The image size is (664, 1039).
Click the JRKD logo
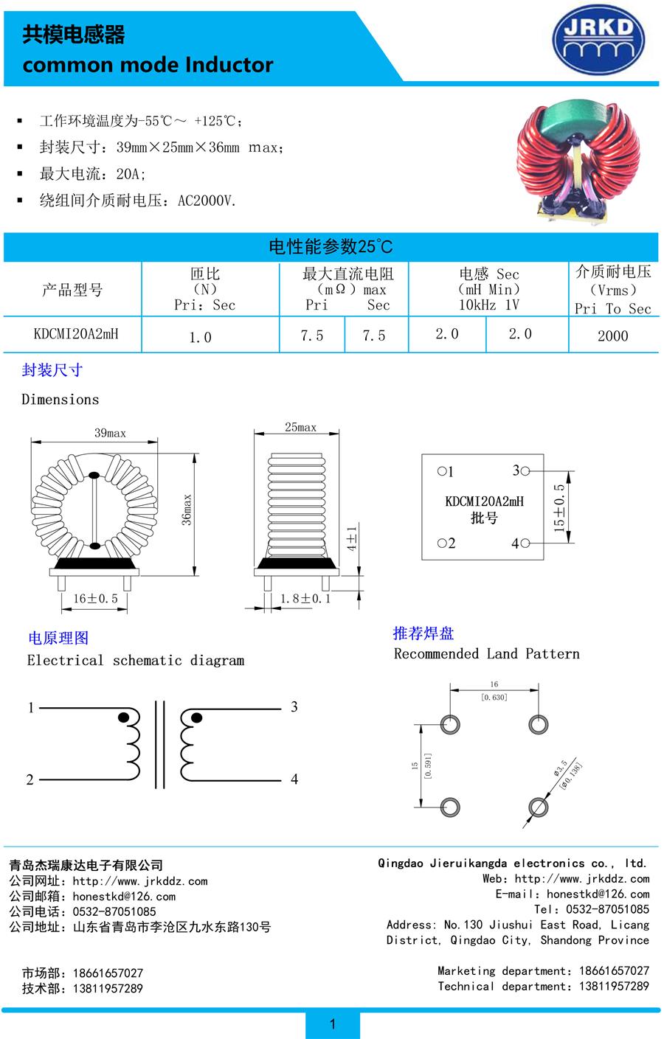pos(598,40)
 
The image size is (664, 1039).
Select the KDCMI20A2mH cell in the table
pos(76,334)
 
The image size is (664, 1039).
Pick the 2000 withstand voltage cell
pos(612,336)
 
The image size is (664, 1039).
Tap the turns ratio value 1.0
pos(201,337)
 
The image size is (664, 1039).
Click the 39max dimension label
pos(110,433)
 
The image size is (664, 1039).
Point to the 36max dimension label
pos(186,510)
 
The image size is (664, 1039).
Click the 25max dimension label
pos(301,427)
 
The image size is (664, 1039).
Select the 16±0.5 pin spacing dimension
pos(96,598)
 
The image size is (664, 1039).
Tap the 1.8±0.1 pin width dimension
pos(305,598)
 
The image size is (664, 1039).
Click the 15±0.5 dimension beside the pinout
pos(559,508)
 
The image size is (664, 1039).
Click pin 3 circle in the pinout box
pos(525,471)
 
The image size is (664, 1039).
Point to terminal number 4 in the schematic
pos(294,779)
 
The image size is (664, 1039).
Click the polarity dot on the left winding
pos(123,717)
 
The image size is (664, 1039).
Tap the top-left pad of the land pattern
pos(450,725)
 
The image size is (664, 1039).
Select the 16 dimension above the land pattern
pos(494,684)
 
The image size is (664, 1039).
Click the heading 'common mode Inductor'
pos(148,65)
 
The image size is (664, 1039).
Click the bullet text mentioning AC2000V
pos(138,201)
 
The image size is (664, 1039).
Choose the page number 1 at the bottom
pos(332,1024)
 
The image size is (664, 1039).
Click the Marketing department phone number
pos(614,970)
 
